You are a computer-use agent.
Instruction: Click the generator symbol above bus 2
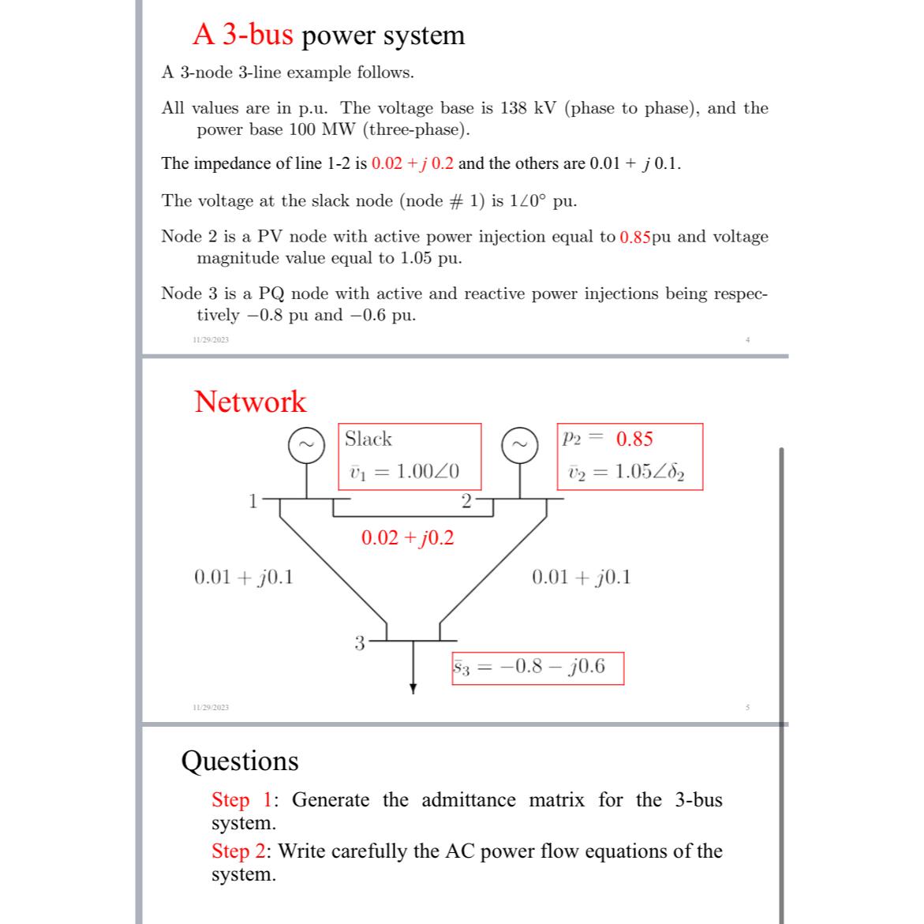pyautogui.click(x=521, y=444)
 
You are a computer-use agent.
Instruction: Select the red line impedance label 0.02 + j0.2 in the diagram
pyautogui.click(x=407, y=538)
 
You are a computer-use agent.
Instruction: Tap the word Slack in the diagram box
pyautogui.click(x=368, y=439)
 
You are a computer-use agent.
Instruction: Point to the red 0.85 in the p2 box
pyautogui.click(x=634, y=439)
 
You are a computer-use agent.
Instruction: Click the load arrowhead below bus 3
pyautogui.click(x=412, y=688)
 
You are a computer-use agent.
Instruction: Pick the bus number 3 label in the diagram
pyautogui.click(x=359, y=642)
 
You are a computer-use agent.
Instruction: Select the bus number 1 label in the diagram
pyautogui.click(x=253, y=501)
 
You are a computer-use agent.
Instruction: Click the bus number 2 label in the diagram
pyautogui.click(x=466, y=500)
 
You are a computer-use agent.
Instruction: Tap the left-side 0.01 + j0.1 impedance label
pyautogui.click(x=243, y=577)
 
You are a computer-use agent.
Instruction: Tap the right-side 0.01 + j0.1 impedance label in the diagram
pyautogui.click(x=582, y=577)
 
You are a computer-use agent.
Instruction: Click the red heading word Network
pyautogui.click(x=250, y=402)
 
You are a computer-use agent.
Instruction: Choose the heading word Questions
pyautogui.click(x=240, y=761)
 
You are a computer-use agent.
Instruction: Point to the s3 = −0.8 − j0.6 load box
pyautogui.click(x=537, y=668)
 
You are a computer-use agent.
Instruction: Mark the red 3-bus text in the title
pyautogui.click(x=243, y=35)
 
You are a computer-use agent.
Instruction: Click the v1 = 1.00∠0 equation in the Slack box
pyautogui.click(x=404, y=472)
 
